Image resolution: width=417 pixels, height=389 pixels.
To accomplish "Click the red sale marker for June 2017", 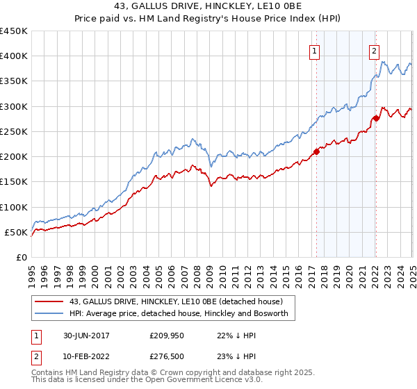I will pyautogui.click(x=316, y=151).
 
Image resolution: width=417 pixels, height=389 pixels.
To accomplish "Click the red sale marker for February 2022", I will pyautogui.click(x=375, y=118).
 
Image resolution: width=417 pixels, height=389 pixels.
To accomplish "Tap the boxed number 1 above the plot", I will pyautogui.click(x=315, y=50).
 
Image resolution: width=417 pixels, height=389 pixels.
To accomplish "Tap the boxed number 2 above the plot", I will pyautogui.click(x=374, y=50).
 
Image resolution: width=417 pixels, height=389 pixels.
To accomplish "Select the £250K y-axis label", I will pyautogui.click(x=13, y=131).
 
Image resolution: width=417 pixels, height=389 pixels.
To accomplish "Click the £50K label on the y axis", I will pyautogui.click(x=16, y=232).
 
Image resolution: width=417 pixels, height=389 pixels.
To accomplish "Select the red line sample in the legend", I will pyautogui.click(x=49, y=302).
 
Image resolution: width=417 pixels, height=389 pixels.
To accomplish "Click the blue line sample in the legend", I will pyautogui.click(x=49, y=314).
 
